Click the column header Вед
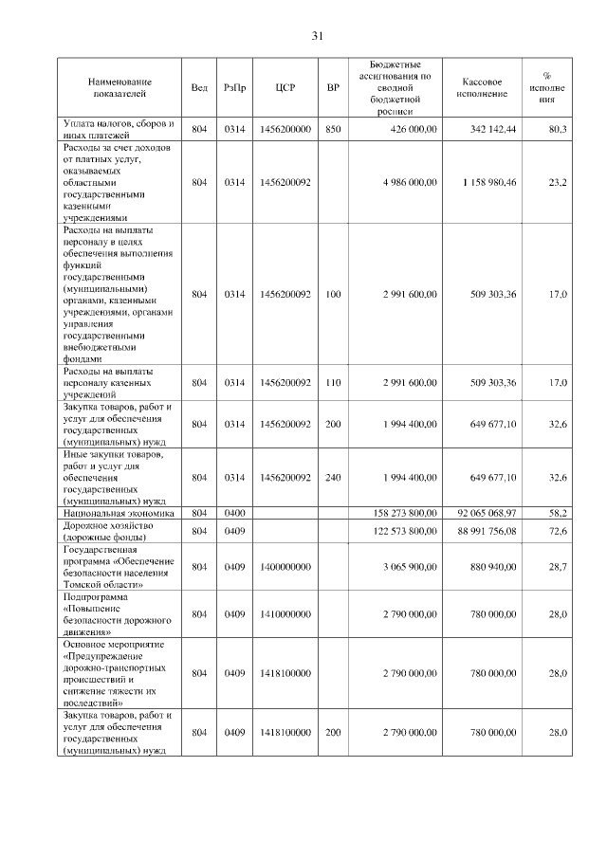pyautogui.click(x=199, y=88)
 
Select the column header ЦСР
pyautogui.click(x=285, y=88)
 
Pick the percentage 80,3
pyautogui.click(x=558, y=129)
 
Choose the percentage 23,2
pyautogui.click(x=558, y=182)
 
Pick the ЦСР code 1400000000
pyautogui.click(x=285, y=567)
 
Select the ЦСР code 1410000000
pyautogui.click(x=285, y=615)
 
